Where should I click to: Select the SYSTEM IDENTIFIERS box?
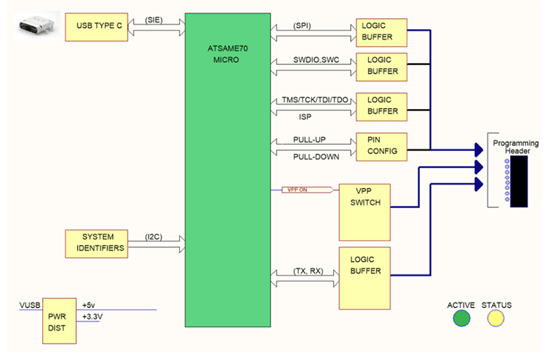click(x=97, y=242)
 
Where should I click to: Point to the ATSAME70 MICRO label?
click(x=226, y=54)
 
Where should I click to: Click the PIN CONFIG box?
click(x=381, y=147)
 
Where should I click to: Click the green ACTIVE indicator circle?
click(x=461, y=318)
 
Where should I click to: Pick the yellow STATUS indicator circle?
click(x=497, y=318)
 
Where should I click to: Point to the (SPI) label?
click(x=302, y=25)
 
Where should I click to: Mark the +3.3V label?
click(x=93, y=317)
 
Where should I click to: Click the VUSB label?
click(x=30, y=304)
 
